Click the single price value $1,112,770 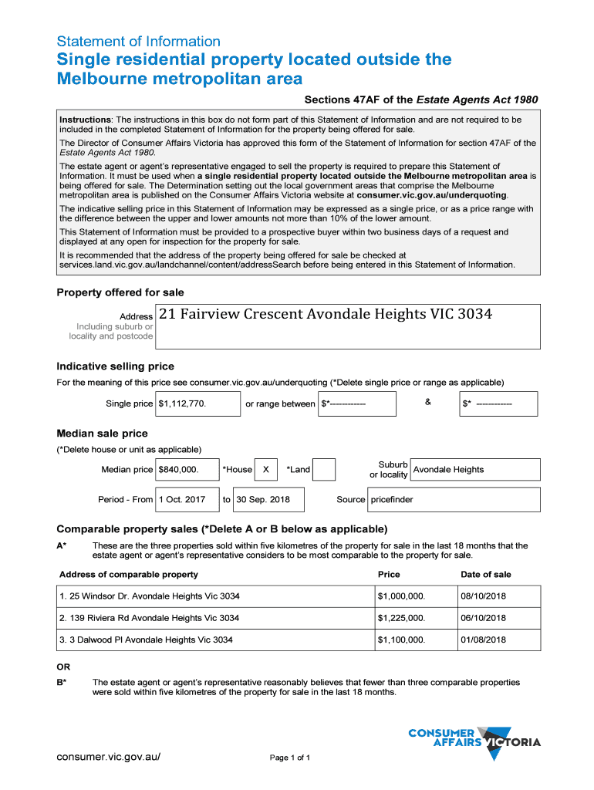click(182, 403)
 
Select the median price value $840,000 click(178, 469)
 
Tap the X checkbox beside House click(265, 469)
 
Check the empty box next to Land click(325, 469)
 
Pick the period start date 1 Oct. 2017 click(182, 499)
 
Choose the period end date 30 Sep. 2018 click(263, 499)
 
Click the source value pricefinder click(392, 499)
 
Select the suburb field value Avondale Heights click(449, 469)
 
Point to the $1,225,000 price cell click(401, 618)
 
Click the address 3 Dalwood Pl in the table click(146, 640)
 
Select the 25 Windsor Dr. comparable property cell click(150, 596)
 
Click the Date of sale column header click(485, 574)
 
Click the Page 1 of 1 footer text click(290, 758)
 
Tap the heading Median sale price click(103, 434)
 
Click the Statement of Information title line click(139, 42)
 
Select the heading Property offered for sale click(120, 292)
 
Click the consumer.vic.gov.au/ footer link click(109, 756)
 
